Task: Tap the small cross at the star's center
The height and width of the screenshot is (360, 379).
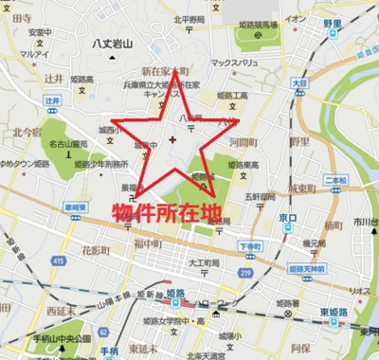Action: (x=171, y=141)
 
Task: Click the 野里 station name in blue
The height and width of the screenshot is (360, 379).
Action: (x=333, y=23)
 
